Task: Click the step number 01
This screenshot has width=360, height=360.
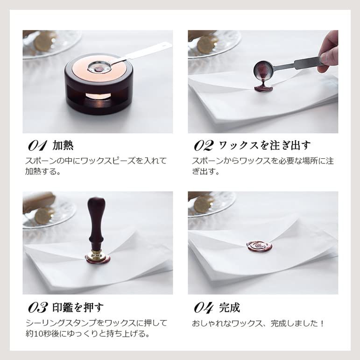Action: pos(37,146)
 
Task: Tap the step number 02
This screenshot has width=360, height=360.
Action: pos(204,146)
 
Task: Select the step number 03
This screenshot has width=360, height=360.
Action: pos(38,308)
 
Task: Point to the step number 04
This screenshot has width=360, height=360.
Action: pos(204,308)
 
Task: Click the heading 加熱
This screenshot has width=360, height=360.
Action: pos(63,146)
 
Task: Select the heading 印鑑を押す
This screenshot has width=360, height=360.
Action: pos(78,308)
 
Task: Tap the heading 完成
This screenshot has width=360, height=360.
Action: pos(230,308)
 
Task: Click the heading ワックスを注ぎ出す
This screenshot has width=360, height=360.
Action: pos(265,146)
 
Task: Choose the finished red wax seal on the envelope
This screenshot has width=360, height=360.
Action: pos(259,247)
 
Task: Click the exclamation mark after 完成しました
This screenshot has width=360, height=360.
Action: pos(323,323)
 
